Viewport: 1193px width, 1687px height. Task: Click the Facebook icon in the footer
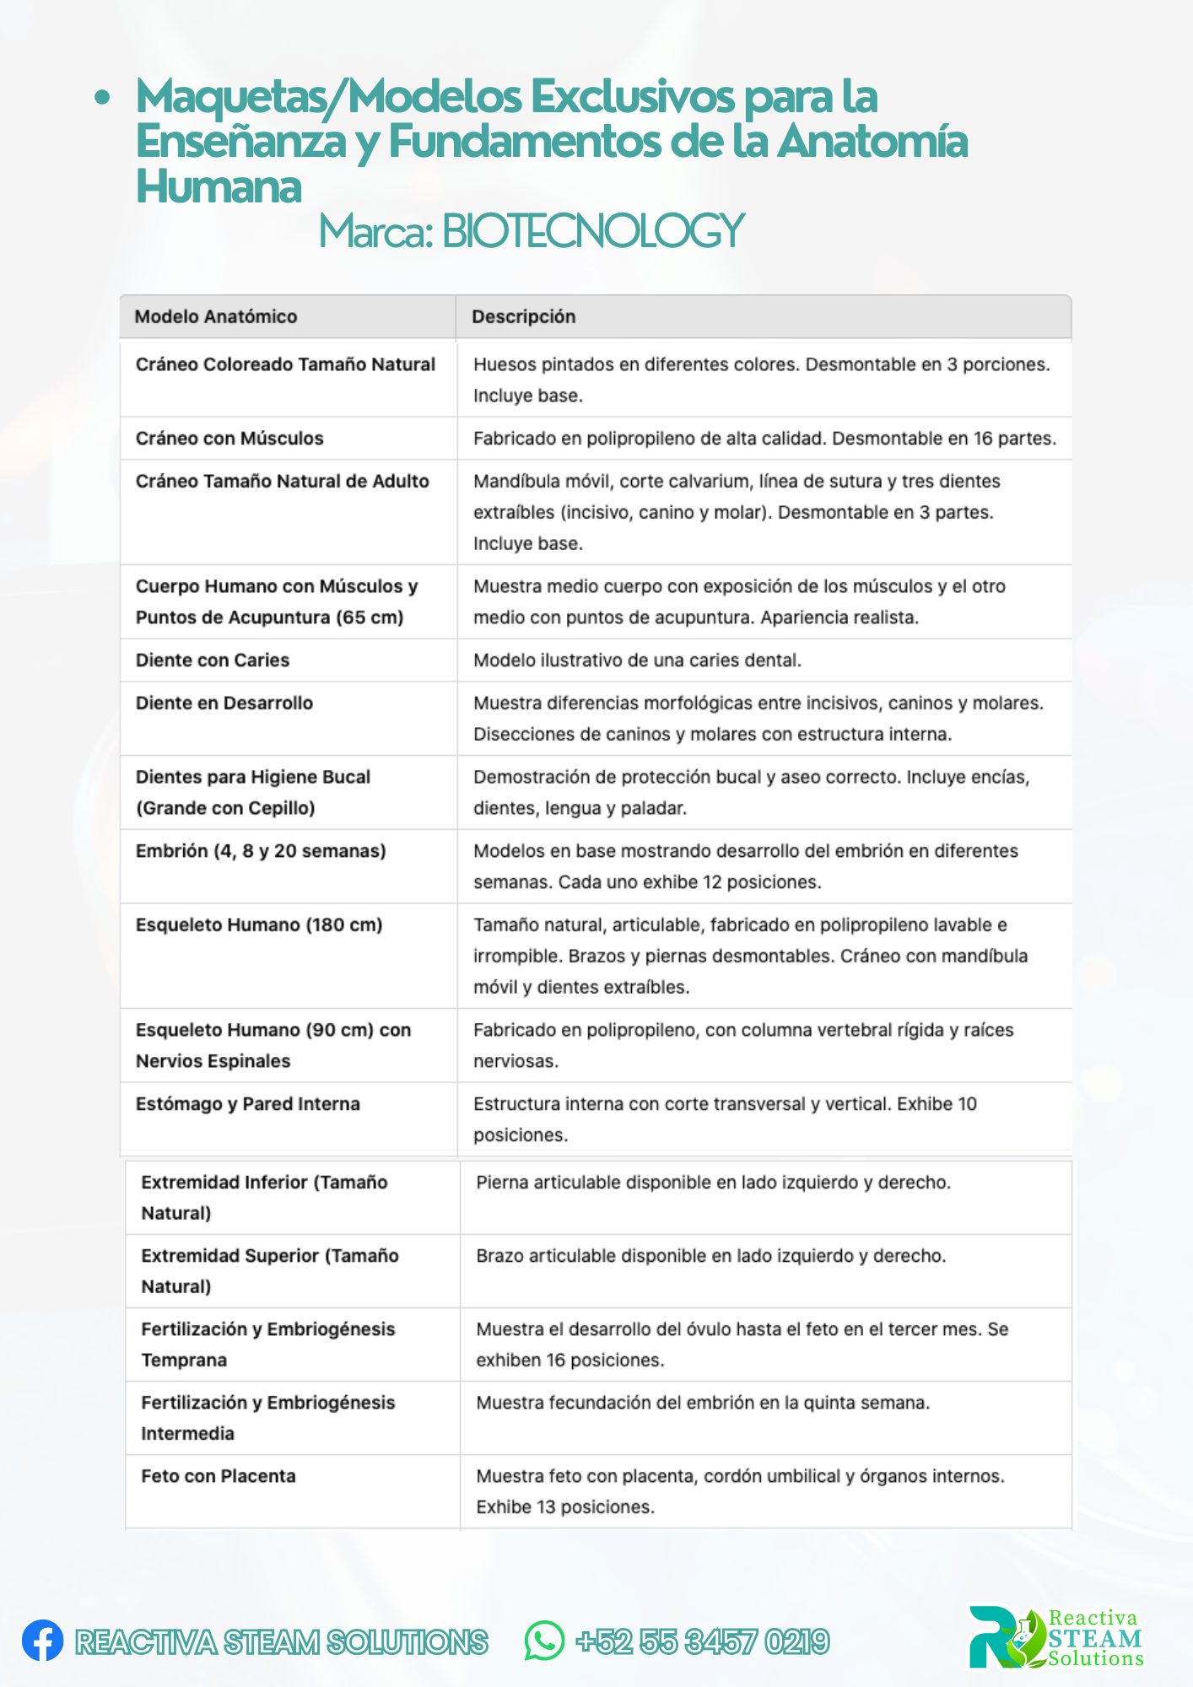click(x=42, y=1641)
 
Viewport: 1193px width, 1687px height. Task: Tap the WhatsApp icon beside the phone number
click(x=544, y=1641)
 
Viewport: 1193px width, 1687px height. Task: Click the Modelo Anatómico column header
click(x=216, y=316)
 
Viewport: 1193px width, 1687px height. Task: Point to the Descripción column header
click(x=523, y=316)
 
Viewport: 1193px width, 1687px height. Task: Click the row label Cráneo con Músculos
click(x=229, y=439)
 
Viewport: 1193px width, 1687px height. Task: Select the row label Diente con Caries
click(x=213, y=660)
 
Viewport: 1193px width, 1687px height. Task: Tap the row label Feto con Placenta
click(x=219, y=1476)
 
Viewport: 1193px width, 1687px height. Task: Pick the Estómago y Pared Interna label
click(x=248, y=1104)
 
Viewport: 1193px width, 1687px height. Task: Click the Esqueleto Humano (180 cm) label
click(x=259, y=925)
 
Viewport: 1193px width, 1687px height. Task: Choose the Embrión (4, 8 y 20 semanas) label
click(x=261, y=851)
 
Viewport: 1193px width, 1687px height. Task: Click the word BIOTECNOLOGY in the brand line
click(x=592, y=231)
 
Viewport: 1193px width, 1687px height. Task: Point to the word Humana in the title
click(x=219, y=186)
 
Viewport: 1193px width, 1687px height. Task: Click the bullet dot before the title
click(x=102, y=98)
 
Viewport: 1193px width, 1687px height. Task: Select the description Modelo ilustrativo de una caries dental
click(x=637, y=660)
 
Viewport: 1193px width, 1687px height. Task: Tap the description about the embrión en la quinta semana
click(x=703, y=1403)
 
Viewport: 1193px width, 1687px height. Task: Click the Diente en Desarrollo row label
click(x=224, y=703)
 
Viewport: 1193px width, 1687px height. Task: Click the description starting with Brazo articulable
click(x=710, y=1256)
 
